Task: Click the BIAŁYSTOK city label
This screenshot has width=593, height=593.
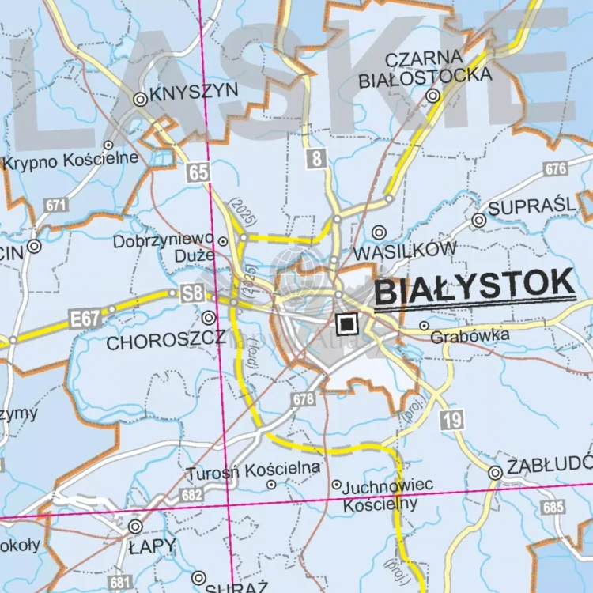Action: coord(474,286)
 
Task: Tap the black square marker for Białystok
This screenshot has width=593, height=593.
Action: coord(346,323)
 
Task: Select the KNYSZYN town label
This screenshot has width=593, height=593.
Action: coord(193,92)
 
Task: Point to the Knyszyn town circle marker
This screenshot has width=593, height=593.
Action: coord(140,99)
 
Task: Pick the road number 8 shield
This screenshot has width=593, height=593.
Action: coord(316,158)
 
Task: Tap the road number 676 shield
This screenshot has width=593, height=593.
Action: coord(557,168)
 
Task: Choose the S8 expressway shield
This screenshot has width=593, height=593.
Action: coord(192,293)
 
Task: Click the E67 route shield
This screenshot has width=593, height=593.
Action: coord(84,319)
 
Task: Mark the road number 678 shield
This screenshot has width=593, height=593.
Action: coord(303,400)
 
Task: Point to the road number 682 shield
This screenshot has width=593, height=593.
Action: coord(192,494)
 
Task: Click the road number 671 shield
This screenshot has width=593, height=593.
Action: coord(55,205)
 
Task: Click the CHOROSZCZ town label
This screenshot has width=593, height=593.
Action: coord(165,342)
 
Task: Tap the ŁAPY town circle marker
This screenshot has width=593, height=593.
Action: coord(135,526)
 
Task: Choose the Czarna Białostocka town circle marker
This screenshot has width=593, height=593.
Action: coord(432,96)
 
